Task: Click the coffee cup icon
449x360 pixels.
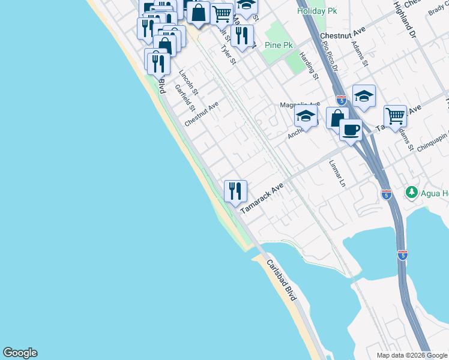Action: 351,129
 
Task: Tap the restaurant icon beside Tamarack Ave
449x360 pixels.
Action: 235,191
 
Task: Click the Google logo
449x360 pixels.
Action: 20,353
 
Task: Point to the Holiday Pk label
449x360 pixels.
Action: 317,11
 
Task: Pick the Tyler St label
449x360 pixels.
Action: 229,55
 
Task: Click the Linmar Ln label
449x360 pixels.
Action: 339,172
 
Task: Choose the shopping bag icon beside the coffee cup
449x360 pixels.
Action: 337,118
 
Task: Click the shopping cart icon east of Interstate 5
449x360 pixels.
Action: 394,115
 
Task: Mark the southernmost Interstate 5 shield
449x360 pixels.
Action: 402,254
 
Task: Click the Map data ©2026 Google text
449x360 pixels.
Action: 411,355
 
